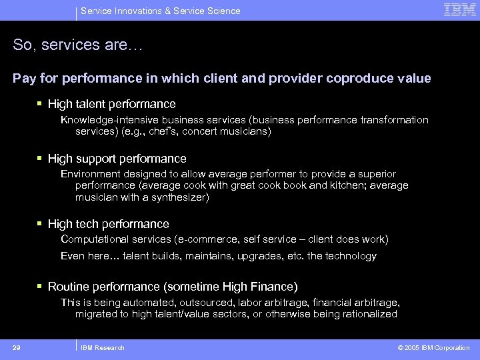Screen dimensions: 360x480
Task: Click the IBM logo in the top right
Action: [x=459, y=10]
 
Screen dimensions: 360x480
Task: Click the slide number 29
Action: [x=17, y=347]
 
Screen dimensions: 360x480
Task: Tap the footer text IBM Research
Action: [x=102, y=347]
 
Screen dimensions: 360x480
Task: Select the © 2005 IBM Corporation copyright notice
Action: [x=433, y=347]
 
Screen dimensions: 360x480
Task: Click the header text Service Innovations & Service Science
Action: [x=160, y=11]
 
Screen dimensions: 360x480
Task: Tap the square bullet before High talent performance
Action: [x=41, y=103]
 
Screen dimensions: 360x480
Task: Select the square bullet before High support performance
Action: [x=41, y=158]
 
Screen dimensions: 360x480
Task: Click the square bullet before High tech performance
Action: [x=41, y=223]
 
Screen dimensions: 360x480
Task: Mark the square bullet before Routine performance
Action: [x=41, y=286]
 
